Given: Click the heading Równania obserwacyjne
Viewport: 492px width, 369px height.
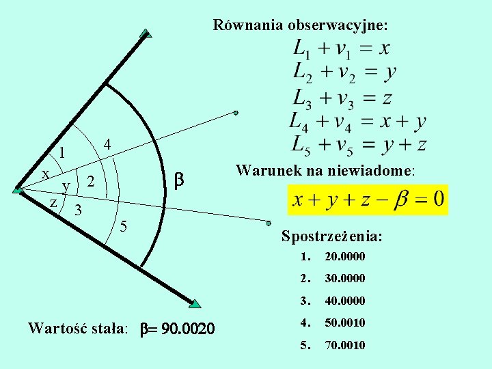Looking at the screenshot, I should tap(300, 25).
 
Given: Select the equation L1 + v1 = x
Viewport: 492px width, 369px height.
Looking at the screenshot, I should tap(342, 49).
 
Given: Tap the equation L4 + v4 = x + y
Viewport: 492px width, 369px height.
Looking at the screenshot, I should tap(357, 122).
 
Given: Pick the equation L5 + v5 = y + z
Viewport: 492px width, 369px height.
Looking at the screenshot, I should tap(359, 144).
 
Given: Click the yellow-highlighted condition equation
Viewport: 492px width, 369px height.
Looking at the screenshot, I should tap(368, 200).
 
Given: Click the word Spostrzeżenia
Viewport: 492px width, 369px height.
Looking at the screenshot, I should tap(331, 236).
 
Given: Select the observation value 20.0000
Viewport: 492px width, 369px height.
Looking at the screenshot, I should tap(344, 257).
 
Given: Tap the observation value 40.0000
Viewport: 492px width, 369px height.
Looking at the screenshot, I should tap(344, 301).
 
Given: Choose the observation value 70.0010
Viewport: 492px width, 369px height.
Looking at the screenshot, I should tap(344, 345).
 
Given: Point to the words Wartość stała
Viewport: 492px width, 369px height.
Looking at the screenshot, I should tap(77, 328).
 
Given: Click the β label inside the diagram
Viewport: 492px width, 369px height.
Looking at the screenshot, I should tap(179, 180).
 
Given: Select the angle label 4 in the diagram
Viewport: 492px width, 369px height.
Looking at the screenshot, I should tap(107, 144).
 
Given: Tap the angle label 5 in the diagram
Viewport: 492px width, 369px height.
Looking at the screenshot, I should tap(124, 226).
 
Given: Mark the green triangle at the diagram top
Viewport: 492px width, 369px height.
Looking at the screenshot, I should tap(145, 33).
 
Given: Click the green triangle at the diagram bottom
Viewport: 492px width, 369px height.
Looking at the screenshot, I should tap(195, 303).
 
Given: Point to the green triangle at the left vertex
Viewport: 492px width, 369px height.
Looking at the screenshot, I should tap(18, 191).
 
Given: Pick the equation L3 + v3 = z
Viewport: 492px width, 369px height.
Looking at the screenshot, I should tap(342, 98).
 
